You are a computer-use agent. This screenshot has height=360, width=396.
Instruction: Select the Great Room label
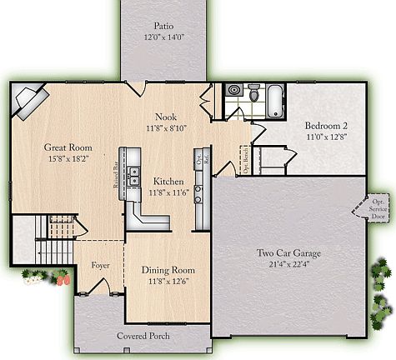tap(68, 147)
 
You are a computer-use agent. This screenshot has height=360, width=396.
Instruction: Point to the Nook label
tap(165, 117)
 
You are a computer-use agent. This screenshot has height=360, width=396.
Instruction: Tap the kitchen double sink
tap(133, 176)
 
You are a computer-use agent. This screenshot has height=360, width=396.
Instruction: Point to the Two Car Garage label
tap(288, 253)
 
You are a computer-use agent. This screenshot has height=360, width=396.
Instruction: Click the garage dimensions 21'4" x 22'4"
tap(288, 265)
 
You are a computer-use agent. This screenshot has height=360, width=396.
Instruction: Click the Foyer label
tap(101, 265)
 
